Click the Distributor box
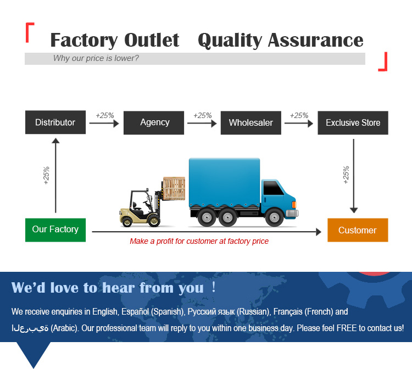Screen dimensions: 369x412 tap(55, 122)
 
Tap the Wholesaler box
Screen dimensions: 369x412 tap(250, 122)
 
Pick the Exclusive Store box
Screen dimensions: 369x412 tap(353, 122)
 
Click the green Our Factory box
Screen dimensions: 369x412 tap(55, 230)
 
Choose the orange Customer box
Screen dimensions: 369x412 tap(358, 230)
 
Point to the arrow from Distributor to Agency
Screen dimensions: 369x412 tap(104, 124)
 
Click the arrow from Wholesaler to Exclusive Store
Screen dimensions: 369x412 tap(299, 124)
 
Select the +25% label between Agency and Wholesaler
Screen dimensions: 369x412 tap(202, 115)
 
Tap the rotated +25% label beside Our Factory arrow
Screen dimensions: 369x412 tap(46, 175)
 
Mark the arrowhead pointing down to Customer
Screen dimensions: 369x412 tap(354, 210)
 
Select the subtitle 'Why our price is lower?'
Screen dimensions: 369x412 tap(96, 58)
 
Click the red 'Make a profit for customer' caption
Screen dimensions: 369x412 tap(199, 241)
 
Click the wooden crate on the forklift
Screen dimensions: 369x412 tap(174, 188)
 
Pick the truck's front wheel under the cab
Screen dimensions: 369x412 tap(273, 217)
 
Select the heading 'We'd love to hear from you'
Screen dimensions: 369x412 tap(108, 288)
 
